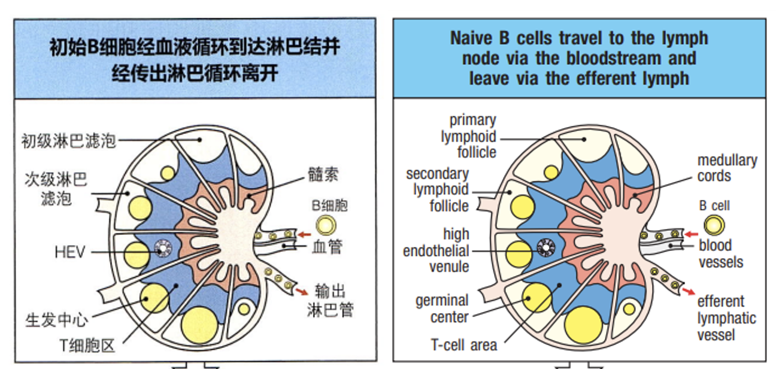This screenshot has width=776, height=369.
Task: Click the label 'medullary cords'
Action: click(727, 168)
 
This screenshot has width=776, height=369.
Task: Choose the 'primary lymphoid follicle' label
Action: click(469, 137)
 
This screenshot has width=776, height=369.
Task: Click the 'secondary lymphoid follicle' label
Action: click(438, 190)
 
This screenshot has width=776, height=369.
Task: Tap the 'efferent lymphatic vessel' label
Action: click(726, 318)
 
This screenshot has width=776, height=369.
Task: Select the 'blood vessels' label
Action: click(721, 254)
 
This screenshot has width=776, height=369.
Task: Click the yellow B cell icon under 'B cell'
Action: click(713, 226)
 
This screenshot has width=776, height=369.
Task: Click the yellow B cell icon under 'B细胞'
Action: click(326, 226)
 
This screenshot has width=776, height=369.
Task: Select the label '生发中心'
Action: click(56, 320)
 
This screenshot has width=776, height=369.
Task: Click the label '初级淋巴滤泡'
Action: click(68, 141)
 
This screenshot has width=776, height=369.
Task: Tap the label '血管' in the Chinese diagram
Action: click(326, 246)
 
